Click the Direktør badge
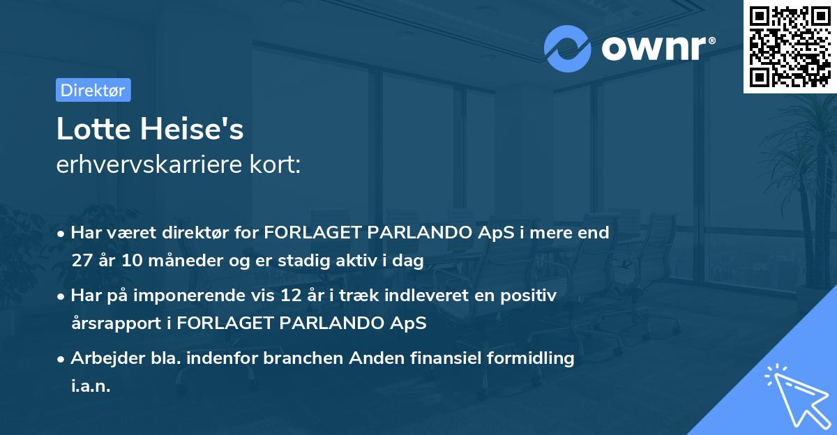93,90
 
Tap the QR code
790,46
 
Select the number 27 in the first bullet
82,261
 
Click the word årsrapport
116,323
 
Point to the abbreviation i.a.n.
91,386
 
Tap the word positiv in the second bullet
530,296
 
